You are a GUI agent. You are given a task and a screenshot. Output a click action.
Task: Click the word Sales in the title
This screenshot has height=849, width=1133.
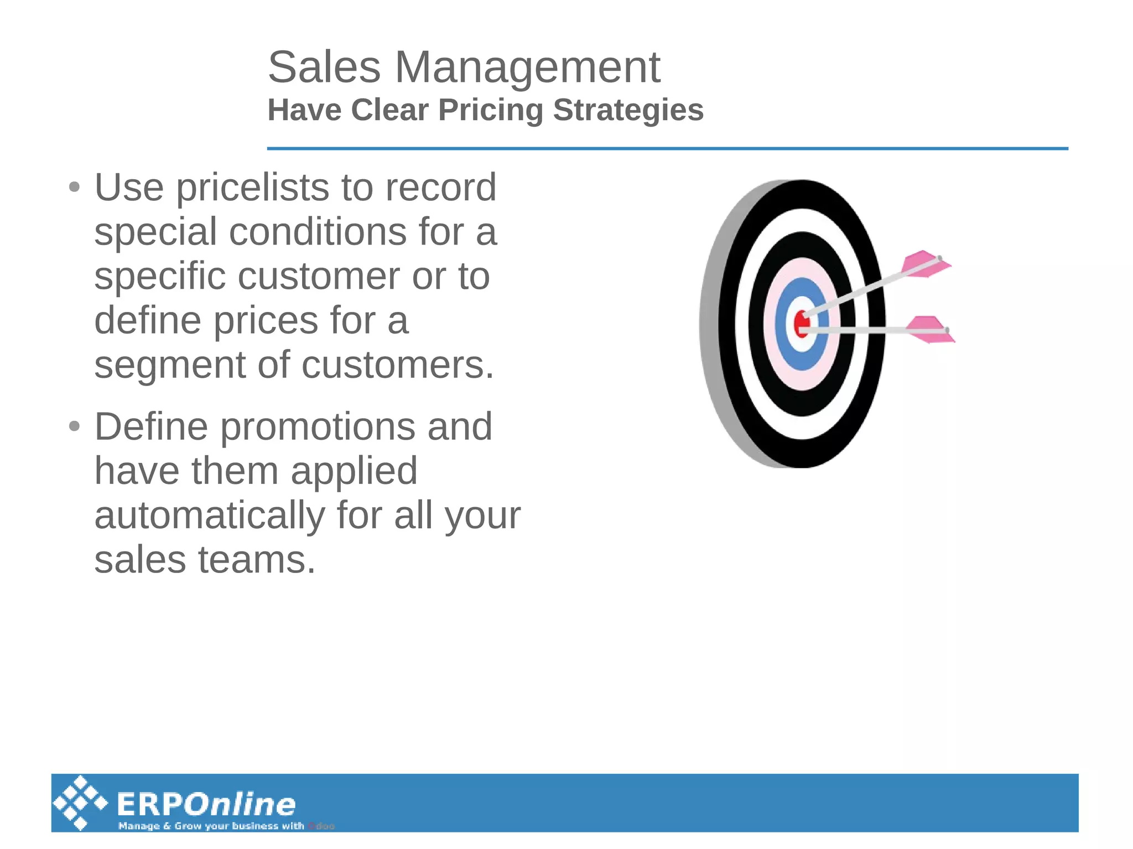pyautogui.click(x=324, y=67)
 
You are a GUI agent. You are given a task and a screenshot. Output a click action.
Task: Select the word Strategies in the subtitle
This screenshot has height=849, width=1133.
pyautogui.click(x=628, y=110)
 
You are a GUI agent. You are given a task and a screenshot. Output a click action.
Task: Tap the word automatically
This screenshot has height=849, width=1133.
pyautogui.click(x=210, y=515)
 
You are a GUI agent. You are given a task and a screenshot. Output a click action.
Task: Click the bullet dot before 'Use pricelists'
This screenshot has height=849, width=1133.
pyautogui.click(x=74, y=187)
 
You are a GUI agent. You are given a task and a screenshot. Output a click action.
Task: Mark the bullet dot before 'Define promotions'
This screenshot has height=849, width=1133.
pyautogui.click(x=74, y=426)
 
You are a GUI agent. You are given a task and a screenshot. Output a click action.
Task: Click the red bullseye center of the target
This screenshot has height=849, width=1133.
pyautogui.click(x=800, y=324)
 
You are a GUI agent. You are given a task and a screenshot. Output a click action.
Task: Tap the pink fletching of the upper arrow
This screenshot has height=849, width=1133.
pyautogui.click(x=924, y=264)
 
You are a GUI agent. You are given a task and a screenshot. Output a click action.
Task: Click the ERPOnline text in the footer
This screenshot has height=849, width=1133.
pyautogui.click(x=206, y=804)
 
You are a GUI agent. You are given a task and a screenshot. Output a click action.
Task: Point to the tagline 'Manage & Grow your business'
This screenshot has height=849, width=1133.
pyautogui.click(x=211, y=826)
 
